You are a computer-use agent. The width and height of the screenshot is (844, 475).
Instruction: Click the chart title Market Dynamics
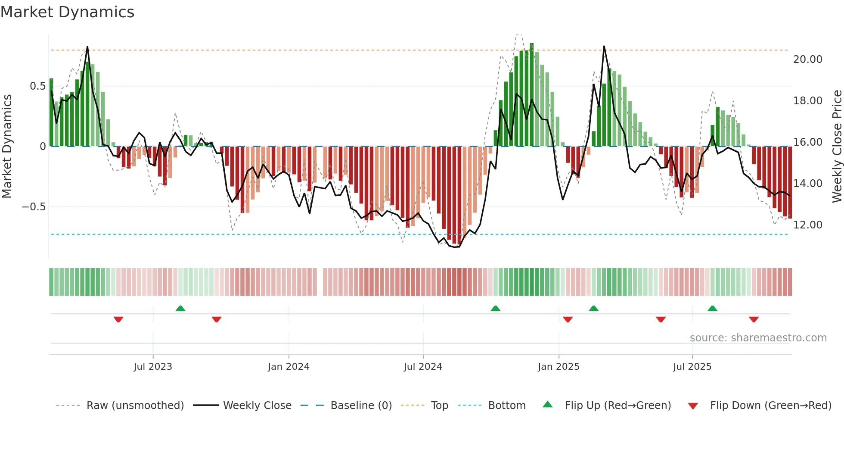(x=67, y=12)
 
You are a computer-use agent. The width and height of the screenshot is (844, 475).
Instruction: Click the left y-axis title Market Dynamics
(x=7, y=147)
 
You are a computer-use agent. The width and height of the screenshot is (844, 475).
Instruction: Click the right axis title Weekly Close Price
(x=837, y=147)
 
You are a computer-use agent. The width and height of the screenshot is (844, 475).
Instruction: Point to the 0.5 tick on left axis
(x=37, y=86)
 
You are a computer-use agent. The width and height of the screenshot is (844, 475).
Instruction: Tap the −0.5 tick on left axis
(x=34, y=207)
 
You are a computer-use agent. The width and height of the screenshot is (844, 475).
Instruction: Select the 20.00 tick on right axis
(x=807, y=59)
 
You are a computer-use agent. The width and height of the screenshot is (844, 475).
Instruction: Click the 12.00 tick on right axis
(x=807, y=225)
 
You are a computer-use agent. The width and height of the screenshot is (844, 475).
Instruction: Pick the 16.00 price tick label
(x=807, y=142)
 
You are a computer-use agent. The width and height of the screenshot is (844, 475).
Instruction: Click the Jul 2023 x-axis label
(x=153, y=367)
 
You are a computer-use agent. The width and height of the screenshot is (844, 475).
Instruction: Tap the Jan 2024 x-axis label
(x=289, y=367)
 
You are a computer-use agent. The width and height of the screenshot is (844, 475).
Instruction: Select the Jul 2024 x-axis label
(x=423, y=367)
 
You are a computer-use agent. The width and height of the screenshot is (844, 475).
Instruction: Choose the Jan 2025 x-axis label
(x=559, y=367)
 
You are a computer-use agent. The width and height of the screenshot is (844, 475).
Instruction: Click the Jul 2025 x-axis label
(x=692, y=367)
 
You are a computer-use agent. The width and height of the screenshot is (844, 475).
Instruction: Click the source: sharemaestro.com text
(x=758, y=338)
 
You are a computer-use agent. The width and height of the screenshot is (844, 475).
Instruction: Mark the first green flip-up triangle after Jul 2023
(x=180, y=309)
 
